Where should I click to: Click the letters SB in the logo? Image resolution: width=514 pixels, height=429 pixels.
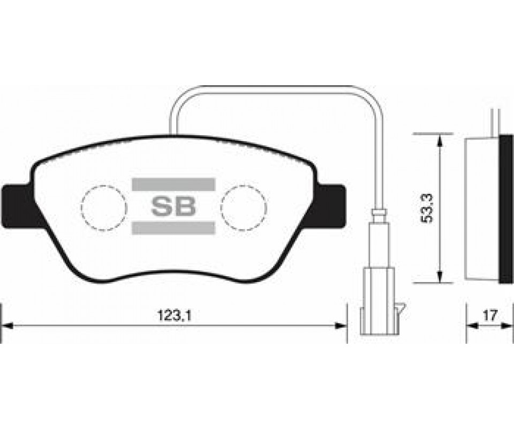click(173, 206)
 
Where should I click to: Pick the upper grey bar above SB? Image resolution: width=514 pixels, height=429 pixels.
click(173, 184)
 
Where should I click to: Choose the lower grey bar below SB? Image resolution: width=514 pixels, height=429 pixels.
click(173, 228)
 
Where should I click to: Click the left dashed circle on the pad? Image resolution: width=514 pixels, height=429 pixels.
click(103, 208)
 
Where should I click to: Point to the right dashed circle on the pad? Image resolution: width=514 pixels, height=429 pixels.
click(244, 208)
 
